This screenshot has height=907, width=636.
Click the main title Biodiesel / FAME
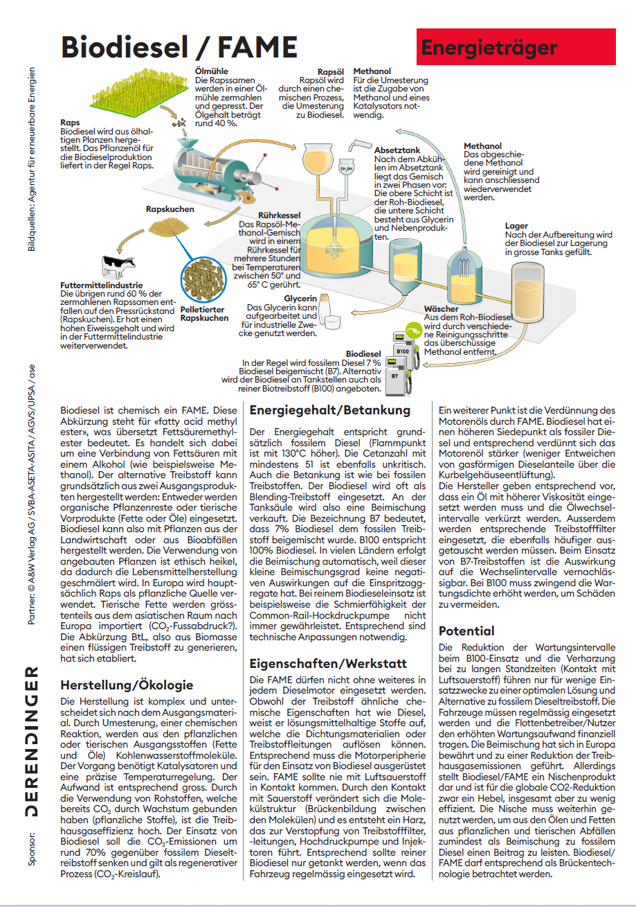[x=179, y=46]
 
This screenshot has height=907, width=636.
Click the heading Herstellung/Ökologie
[x=127, y=685]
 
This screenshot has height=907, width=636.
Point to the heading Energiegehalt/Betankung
[x=330, y=410]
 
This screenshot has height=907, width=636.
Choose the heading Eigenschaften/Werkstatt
[x=329, y=663]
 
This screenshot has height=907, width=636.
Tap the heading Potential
[x=466, y=631]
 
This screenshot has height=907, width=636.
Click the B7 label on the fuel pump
[x=394, y=376]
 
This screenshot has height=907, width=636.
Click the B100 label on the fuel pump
[x=403, y=351]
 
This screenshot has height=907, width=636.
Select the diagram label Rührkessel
[x=278, y=215]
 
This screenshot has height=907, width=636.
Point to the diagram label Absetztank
[x=397, y=150]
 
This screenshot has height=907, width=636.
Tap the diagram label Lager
[x=516, y=226]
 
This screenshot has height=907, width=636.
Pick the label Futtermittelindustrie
[x=102, y=285]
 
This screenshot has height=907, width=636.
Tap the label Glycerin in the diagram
[x=300, y=298]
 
